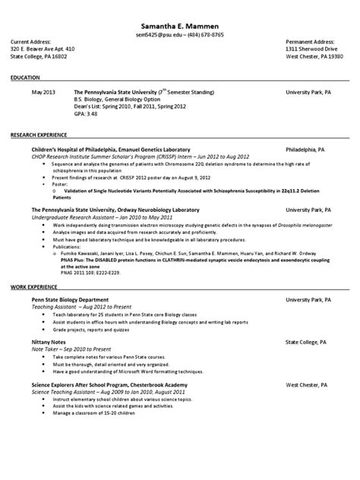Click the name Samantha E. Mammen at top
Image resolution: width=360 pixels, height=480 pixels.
click(x=179, y=27)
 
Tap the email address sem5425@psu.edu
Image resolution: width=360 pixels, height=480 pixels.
click(x=156, y=36)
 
